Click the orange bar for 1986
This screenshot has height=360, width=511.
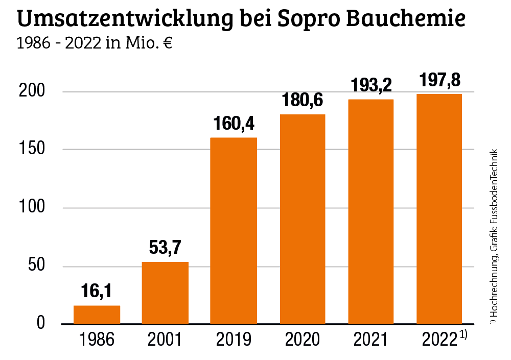coord(97,315)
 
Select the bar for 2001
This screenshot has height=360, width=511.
coord(165,293)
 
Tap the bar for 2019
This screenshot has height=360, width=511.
coord(234,230)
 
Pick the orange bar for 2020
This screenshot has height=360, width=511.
coord(303,219)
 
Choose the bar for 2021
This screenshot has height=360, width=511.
coord(371,211)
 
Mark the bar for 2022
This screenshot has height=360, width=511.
coord(439,209)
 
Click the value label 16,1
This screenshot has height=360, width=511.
coord(96,292)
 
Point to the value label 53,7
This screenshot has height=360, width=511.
coord(165,248)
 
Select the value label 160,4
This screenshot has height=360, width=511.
coord(234,124)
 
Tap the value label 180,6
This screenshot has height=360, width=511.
coord(302,101)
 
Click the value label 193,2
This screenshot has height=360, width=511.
coord(371,85)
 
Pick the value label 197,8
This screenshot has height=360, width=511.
coord(439,80)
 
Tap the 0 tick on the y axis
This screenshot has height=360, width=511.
coord(41,324)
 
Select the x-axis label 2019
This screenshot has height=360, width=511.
coord(234,340)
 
